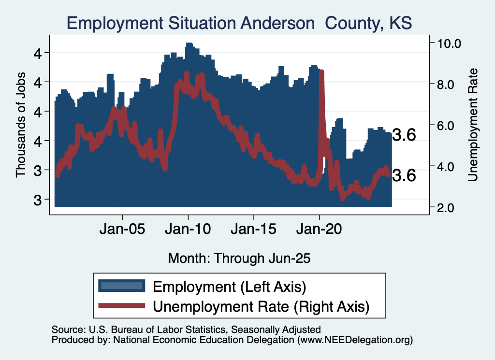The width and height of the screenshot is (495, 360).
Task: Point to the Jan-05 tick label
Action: click(122, 229)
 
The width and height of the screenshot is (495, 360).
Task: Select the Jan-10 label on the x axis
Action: click(188, 229)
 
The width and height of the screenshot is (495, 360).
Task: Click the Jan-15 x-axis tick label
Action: click(253, 229)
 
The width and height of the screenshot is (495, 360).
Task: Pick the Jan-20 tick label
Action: click(319, 229)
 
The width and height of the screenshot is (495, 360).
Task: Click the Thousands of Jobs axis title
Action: click(21, 125)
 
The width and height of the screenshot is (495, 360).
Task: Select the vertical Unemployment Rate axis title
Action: click(473, 125)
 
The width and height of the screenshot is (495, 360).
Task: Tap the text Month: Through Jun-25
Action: click(239, 258)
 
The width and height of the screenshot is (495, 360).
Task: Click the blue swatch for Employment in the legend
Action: click(121, 286)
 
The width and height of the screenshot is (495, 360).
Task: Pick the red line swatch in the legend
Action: click(121, 305)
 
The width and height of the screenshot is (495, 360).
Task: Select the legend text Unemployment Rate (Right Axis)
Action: click(261, 306)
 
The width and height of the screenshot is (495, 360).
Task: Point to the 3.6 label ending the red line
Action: click(404, 176)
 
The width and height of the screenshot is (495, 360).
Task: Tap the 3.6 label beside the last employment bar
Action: click(404, 135)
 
